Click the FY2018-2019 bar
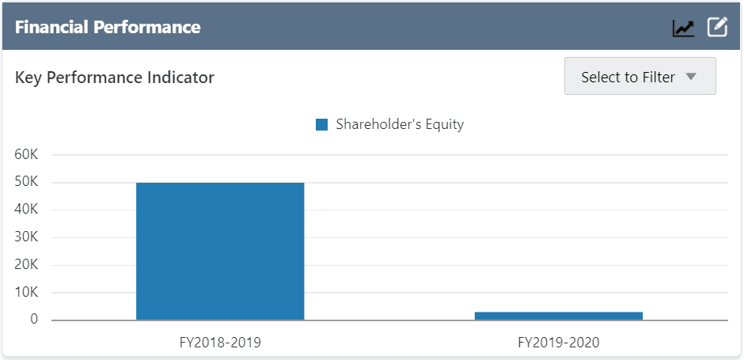point(220,251)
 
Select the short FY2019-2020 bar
point(559,316)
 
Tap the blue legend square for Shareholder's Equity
point(321,124)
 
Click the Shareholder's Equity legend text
point(400,124)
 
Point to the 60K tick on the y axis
point(27,155)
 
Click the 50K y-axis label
point(27,183)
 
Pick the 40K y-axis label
point(27,210)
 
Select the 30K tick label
point(27,237)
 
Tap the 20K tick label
point(27,265)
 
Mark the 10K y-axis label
point(27,293)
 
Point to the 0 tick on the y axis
point(34,320)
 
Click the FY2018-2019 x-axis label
point(220,343)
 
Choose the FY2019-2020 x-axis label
point(559,343)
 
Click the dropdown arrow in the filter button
point(690,77)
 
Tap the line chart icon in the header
point(683,28)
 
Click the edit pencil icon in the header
point(717,27)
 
